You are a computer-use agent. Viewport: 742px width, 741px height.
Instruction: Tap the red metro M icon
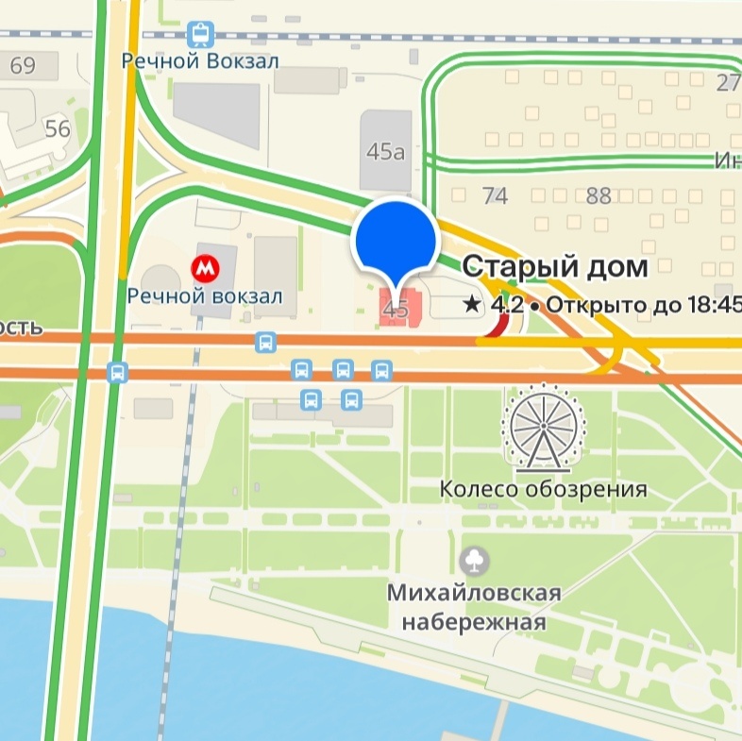click(204, 269)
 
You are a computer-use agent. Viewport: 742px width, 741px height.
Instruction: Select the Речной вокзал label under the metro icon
click(205, 296)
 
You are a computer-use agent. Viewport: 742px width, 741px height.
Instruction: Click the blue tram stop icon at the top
click(200, 35)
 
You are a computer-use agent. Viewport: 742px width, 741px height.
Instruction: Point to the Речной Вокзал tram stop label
click(200, 60)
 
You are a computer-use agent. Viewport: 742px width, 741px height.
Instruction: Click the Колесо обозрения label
click(544, 489)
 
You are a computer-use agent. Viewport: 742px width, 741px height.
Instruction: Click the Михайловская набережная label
click(474, 608)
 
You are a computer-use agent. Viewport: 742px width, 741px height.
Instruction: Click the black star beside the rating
click(471, 305)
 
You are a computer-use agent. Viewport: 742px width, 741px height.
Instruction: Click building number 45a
click(384, 152)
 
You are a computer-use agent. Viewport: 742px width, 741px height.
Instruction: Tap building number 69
click(23, 65)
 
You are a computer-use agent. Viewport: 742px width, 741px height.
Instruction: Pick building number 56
click(58, 128)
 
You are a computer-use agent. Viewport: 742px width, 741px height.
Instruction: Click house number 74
click(495, 195)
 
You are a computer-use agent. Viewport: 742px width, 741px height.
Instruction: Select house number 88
click(599, 195)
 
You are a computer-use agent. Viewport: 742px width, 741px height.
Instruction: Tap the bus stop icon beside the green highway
click(117, 371)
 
